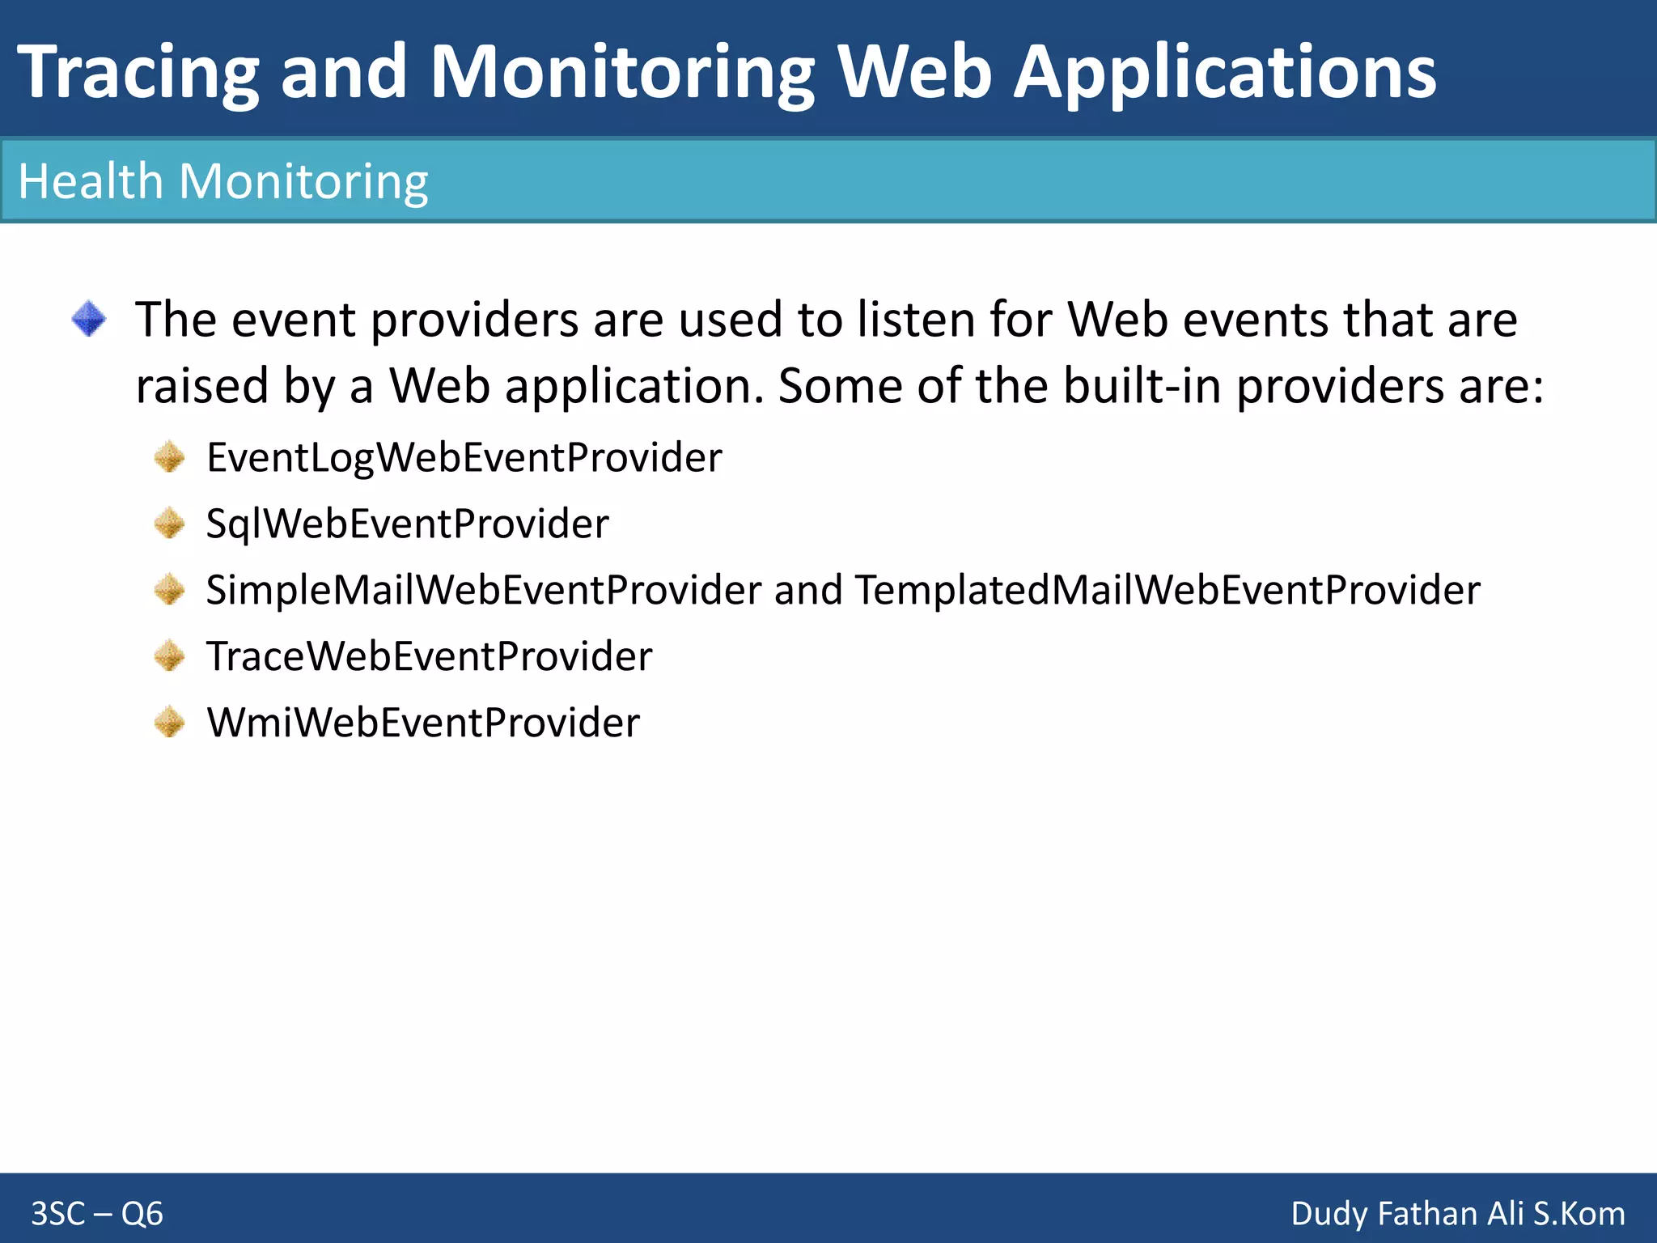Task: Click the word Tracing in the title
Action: pyautogui.click(x=138, y=73)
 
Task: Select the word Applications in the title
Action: pyautogui.click(x=1224, y=73)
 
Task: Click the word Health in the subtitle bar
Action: pyautogui.click(x=90, y=181)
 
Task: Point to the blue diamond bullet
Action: pyautogui.click(x=88, y=319)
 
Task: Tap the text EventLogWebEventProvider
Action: pyautogui.click(x=464, y=458)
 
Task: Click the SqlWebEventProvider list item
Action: pyautogui.click(x=407, y=524)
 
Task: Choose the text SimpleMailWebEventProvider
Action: pyautogui.click(x=483, y=591)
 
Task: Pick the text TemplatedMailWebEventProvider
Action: pyautogui.click(x=1168, y=591)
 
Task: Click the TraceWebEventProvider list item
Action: pyautogui.click(x=429, y=656)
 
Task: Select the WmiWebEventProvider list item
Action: pyautogui.click(x=422, y=723)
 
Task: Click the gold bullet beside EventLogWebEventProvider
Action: pyautogui.click(x=170, y=458)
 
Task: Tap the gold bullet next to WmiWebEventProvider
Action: pyautogui.click(x=170, y=723)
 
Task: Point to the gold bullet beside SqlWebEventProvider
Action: pyautogui.click(x=170, y=524)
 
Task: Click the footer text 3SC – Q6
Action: pyautogui.click(x=97, y=1214)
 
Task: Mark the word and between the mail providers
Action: pyautogui.click(x=807, y=591)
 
